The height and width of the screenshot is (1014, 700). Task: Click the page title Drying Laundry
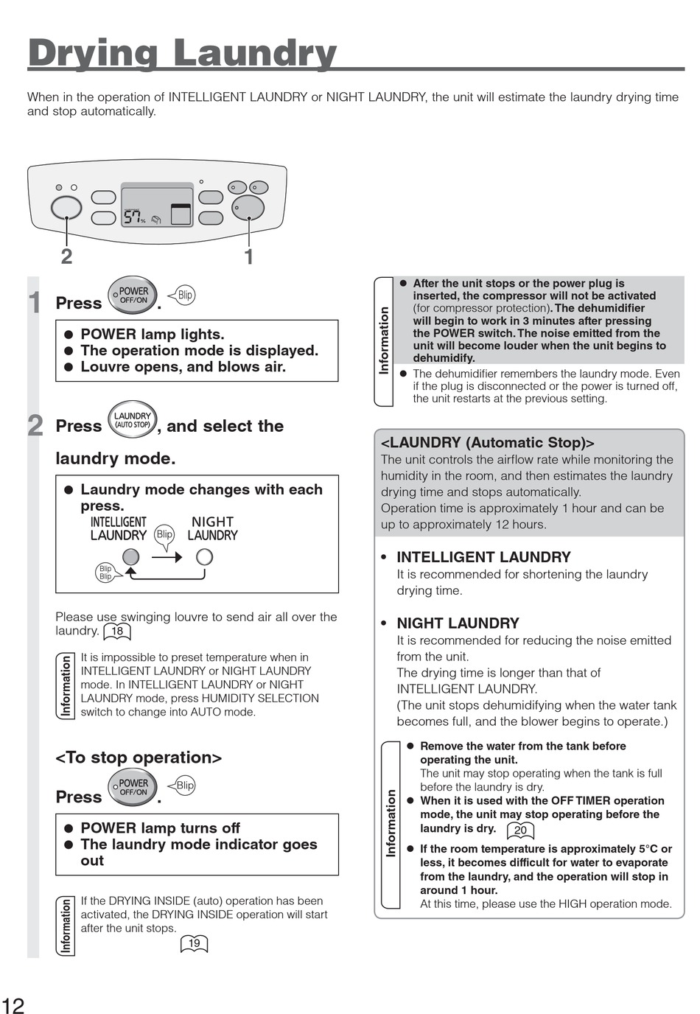click(182, 53)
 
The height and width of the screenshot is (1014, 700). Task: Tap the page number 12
click(13, 1005)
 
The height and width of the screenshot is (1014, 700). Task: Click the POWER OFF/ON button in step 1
click(133, 296)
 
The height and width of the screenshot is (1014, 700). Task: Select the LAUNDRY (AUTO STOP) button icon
click(133, 420)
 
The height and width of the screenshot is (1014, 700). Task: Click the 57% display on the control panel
click(134, 217)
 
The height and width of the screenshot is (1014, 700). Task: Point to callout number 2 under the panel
click(66, 256)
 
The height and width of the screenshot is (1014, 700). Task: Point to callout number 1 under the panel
click(249, 256)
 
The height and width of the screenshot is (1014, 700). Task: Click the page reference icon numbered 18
click(117, 631)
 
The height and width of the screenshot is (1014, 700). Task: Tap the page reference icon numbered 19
click(195, 943)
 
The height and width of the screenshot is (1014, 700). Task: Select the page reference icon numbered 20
click(520, 830)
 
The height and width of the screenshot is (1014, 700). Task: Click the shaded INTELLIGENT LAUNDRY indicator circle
click(131, 556)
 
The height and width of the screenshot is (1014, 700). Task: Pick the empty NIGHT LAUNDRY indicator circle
click(204, 556)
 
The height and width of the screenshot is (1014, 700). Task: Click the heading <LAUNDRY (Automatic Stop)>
click(487, 442)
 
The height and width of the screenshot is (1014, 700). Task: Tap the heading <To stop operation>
click(139, 758)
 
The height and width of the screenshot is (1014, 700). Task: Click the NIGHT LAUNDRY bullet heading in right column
click(458, 623)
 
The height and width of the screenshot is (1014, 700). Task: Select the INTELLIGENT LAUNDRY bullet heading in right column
click(483, 557)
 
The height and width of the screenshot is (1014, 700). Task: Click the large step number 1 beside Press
click(35, 303)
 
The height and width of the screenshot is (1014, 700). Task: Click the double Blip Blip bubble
click(105, 573)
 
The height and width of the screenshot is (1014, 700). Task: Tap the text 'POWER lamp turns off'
click(160, 828)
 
